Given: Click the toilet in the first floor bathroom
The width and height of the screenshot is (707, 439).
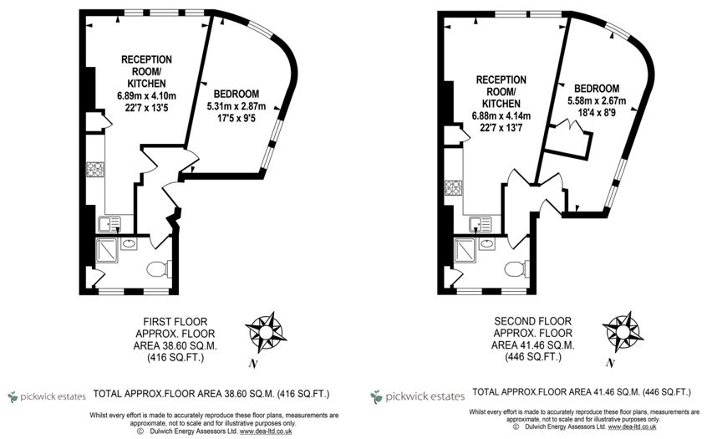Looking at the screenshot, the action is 159,269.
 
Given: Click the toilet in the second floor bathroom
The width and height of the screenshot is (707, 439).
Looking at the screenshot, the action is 516,269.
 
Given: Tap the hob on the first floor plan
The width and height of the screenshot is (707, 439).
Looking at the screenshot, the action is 95,169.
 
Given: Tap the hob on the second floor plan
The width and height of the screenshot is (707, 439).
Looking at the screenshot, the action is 453,187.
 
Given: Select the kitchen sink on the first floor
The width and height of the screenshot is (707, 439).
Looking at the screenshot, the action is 109,224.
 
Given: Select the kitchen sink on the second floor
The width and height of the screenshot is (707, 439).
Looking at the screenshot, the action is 480,224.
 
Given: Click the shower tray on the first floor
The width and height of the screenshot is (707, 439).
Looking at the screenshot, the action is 107,250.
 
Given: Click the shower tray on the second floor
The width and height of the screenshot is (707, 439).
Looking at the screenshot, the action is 465,250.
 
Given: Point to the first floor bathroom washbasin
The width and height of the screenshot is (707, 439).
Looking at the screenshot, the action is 129,244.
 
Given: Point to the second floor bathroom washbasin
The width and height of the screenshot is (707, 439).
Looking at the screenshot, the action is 487,244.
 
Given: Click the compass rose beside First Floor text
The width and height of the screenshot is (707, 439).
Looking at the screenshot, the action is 266,333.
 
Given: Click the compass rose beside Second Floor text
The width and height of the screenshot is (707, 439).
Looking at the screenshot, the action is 623,332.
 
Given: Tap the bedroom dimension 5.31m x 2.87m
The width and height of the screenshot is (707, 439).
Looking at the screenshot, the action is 237,106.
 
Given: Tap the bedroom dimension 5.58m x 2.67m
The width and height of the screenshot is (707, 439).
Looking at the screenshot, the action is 597,100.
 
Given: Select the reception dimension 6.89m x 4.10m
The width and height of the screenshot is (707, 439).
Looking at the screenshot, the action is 146,95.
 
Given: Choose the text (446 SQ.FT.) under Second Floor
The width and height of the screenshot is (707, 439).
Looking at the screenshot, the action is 533,357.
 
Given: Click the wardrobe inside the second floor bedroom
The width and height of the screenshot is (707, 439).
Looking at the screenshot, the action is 567,139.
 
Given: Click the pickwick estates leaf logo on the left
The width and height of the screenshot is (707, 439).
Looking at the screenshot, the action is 13,397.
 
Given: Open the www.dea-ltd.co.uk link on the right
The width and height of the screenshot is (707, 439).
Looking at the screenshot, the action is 632,426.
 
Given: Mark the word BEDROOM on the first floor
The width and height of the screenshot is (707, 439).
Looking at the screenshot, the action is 237,94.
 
